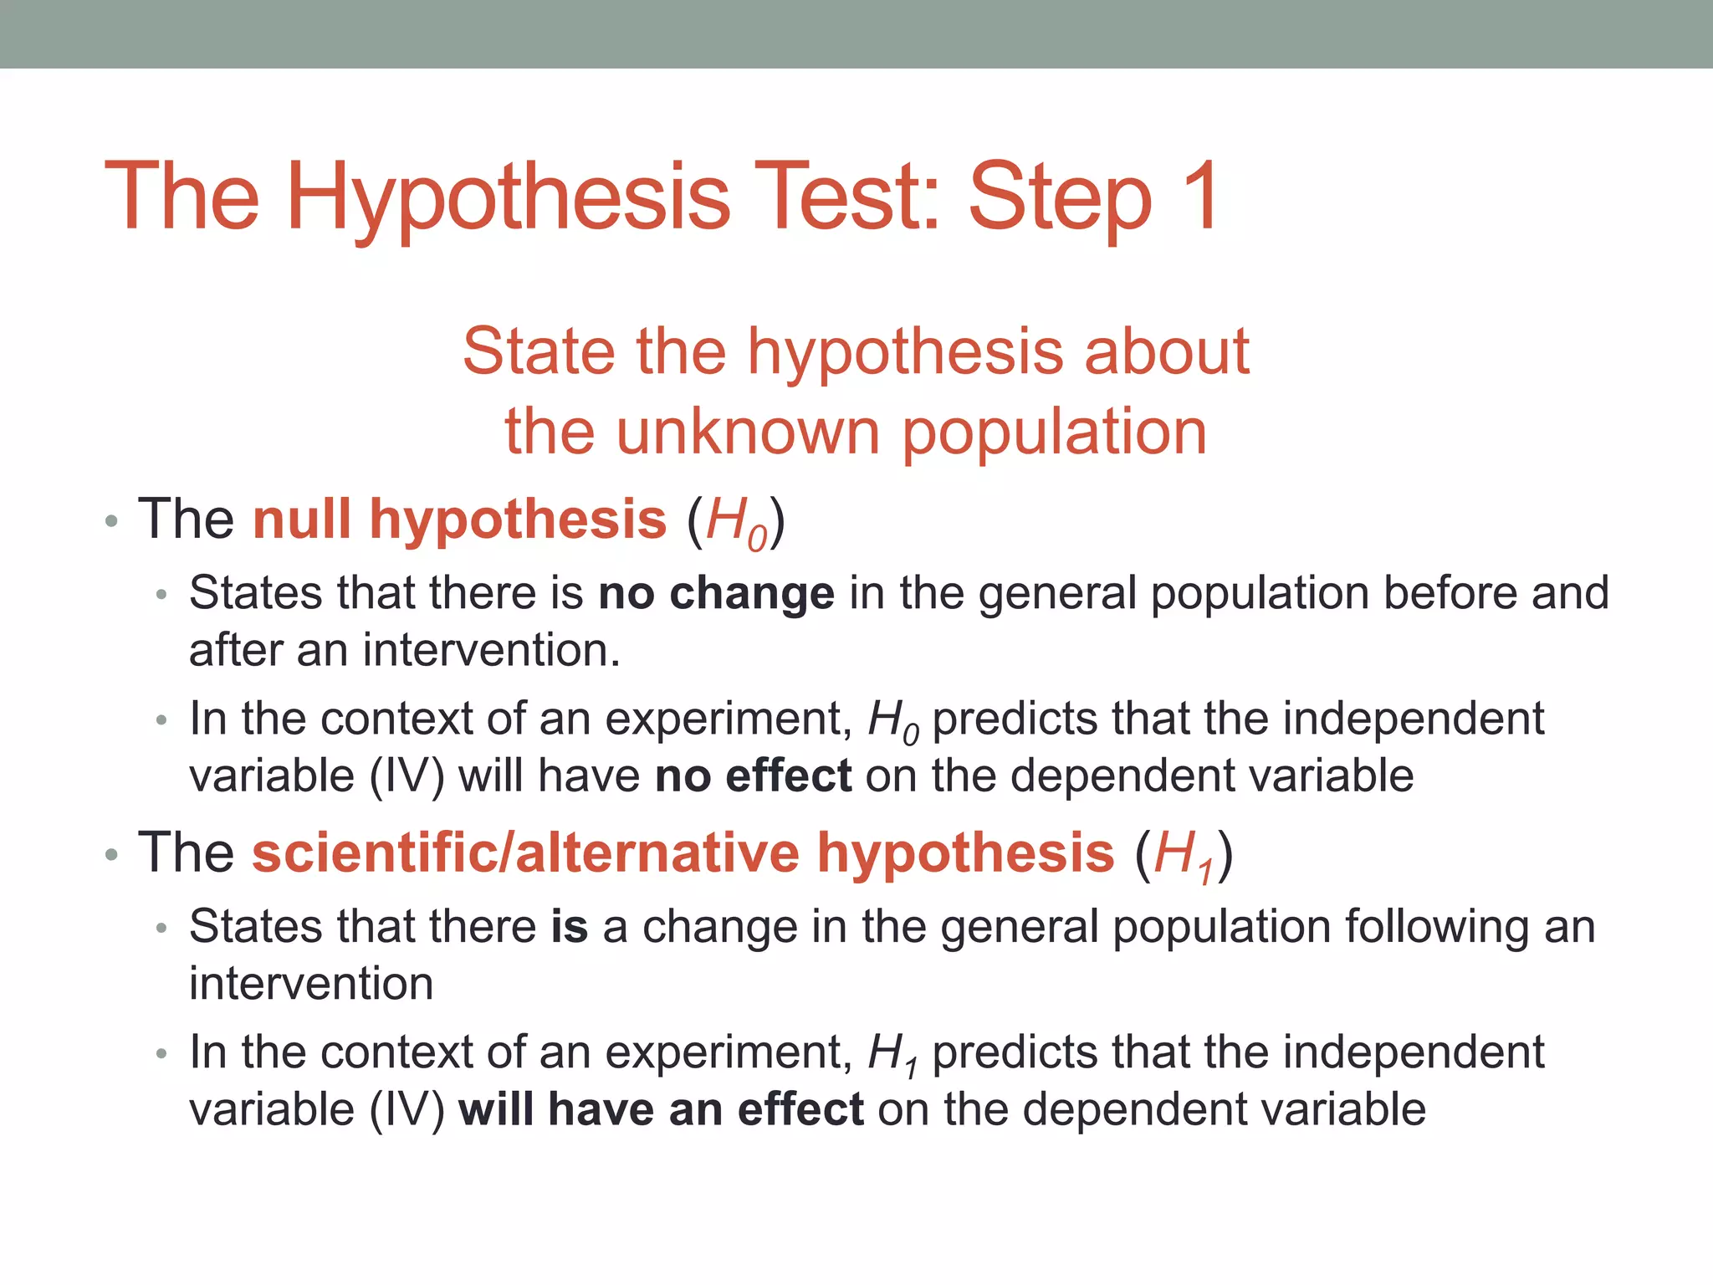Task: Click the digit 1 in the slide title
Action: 1199,197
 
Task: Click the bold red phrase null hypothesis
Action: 459,520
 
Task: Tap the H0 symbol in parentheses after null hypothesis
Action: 735,524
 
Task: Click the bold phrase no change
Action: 716,593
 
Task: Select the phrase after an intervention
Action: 404,650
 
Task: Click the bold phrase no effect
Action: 753,776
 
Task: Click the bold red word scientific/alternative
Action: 525,853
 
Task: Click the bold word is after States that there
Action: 569,927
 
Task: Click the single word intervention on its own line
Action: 311,984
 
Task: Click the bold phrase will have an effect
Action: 660,1109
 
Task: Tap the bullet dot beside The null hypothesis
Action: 111,523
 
